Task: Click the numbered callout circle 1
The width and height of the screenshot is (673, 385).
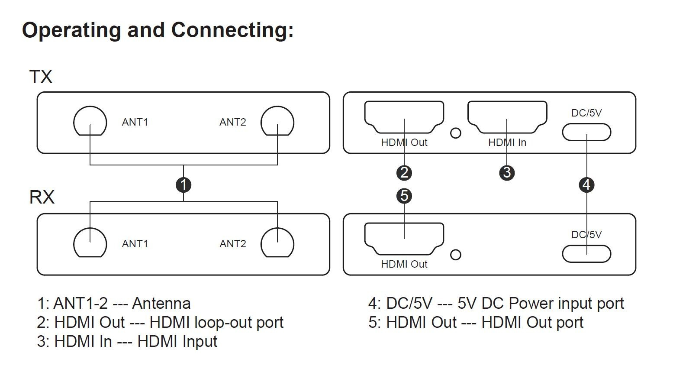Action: point(184,185)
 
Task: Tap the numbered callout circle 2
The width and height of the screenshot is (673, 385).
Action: point(404,173)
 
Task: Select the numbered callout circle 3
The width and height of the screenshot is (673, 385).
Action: point(507,173)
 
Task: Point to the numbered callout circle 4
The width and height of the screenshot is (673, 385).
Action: point(586,185)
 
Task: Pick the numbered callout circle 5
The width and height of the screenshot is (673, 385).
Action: point(404,196)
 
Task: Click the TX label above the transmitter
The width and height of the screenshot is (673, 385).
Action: point(41,77)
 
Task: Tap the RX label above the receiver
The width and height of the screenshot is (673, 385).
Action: point(42,197)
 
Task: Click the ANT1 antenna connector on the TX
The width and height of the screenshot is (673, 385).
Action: point(90,121)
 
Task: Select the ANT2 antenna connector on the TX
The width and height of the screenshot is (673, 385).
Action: point(277,121)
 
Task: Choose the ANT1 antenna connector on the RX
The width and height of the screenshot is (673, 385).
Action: point(90,243)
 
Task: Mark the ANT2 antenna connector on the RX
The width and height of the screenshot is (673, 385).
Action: point(277,243)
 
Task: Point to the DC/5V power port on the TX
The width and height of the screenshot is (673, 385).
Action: point(586,132)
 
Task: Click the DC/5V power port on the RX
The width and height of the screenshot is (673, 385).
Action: point(586,254)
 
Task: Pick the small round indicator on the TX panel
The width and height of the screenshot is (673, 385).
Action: point(456,133)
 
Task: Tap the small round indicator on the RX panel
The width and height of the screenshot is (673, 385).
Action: point(456,255)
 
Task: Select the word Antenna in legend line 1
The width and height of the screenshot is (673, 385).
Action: point(161,303)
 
